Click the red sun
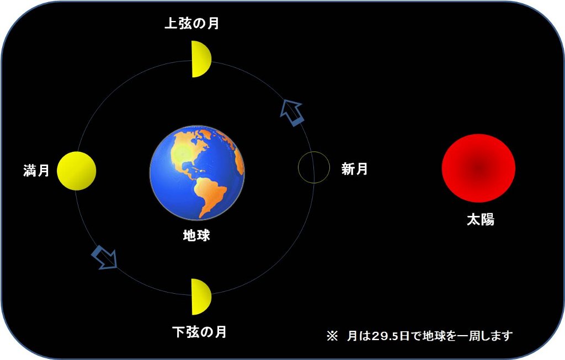[478, 168]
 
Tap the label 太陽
[481, 219]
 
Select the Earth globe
[197, 173]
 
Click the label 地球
[196, 236]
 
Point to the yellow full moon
[76, 171]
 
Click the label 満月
[36, 170]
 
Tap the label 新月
[355, 169]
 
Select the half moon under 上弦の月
[201, 59]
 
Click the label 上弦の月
[191, 23]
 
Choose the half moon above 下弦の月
[201, 297]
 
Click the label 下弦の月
[199, 332]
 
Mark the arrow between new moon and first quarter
[292, 113]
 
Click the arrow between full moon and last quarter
[104, 257]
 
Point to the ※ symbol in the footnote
[332, 336]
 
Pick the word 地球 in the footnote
[434, 336]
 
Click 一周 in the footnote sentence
[469, 336]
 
